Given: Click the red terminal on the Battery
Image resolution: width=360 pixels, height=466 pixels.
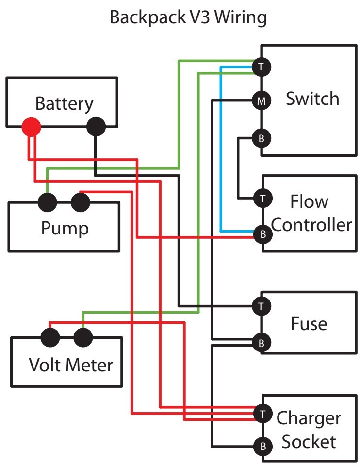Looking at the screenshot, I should coord(31,128).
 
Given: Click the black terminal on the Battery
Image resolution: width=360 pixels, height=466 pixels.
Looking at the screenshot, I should coord(96,128).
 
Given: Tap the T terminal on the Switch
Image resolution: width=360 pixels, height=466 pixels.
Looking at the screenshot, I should coord(262,66).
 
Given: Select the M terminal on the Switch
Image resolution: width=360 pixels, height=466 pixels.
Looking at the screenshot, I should coord(262,101).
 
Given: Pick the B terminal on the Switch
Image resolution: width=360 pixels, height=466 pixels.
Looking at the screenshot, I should coord(262,139).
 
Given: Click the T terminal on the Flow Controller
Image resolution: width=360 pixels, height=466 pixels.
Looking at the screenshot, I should coord(262,198).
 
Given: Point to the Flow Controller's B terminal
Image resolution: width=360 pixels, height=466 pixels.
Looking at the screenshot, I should coord(262,234).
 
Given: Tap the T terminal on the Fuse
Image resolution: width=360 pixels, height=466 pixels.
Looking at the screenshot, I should coord(262,306).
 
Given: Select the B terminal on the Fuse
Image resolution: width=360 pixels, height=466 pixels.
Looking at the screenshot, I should coord(262,343).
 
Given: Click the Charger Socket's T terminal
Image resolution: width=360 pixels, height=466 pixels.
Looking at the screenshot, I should coord(262,413).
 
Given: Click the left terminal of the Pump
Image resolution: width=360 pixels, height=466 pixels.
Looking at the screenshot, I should coord(48,201).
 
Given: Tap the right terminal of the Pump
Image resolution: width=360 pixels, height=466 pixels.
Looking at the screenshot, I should coord(80,201).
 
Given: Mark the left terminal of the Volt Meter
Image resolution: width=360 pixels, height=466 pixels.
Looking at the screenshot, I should coord(49,336).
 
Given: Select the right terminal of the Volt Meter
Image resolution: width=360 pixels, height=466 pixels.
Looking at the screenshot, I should coord(82,336).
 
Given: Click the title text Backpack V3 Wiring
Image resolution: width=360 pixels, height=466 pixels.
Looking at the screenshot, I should coord(188,17).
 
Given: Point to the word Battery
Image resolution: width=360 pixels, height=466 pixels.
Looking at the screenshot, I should coord(64,103).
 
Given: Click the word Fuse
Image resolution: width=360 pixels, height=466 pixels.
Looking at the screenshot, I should coord(309,323).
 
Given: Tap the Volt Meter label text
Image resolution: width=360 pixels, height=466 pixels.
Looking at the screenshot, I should coord(70,364).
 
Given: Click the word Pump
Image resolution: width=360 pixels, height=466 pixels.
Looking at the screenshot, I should coord(65,228).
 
